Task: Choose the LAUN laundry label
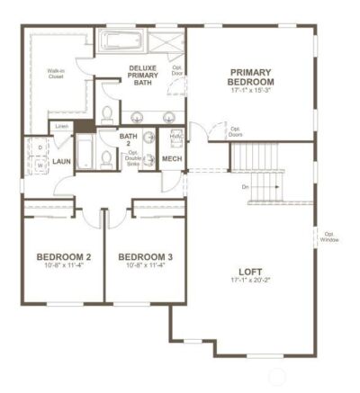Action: (x=61, y=162)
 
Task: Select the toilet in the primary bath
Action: (x=107, y=113)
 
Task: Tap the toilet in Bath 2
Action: (x=107, y=157)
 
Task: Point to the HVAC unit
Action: (x=173, y=138)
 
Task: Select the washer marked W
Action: (x=40, y=165)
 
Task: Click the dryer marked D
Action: (x=40, y=147)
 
